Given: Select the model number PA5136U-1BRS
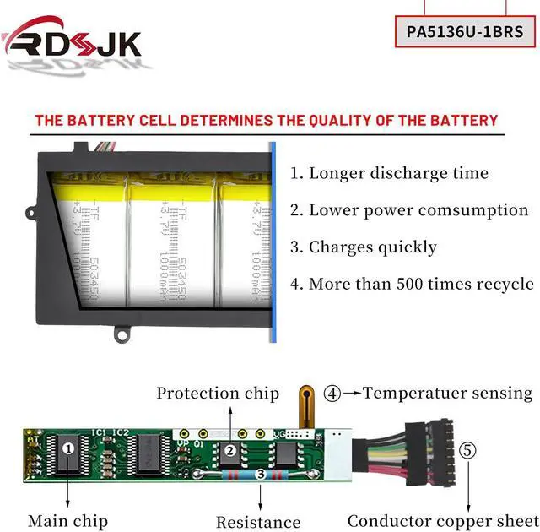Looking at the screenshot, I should pyautogui.click(x=465, y=32).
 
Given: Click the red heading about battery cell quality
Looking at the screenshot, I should pyautogui.click(x=266, y=121).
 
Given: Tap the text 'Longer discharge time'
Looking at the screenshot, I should pyautogui.click(x=389, y=173).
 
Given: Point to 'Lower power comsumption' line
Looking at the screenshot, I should pyautogui.click(x=409, y=210).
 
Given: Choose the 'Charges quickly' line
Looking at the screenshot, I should pyautogui.click(x=364, y=247).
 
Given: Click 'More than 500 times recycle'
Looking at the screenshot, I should pyautogui.click(x=412, y=284).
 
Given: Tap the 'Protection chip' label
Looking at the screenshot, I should pyautogui.click(x=218, y=393).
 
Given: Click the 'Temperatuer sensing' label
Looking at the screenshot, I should pyautogui.click(x=448, y=393).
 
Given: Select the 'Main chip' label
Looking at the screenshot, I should pyautogui.click(x=64, y=521).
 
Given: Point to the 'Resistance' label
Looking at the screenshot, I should pyautogui.click(x=258, y=522).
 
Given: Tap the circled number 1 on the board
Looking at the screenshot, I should pyautogui.click(x=67, y=448).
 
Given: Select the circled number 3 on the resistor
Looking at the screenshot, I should pyautogui.click(x=262, y=475).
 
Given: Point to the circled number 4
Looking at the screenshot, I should pyautogui.click(x=333, y=393).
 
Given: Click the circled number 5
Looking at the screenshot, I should pyautogui.click(x=468, y=450).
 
